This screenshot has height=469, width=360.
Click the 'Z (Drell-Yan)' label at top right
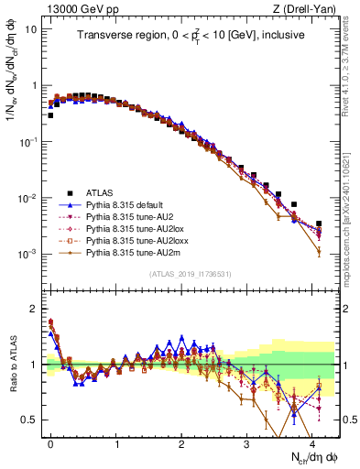click(308, 8)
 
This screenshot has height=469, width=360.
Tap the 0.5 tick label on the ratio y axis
click(30, 420)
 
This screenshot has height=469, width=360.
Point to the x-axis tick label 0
click(51, 442)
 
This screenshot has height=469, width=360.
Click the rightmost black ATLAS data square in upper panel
click(319, 224)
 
